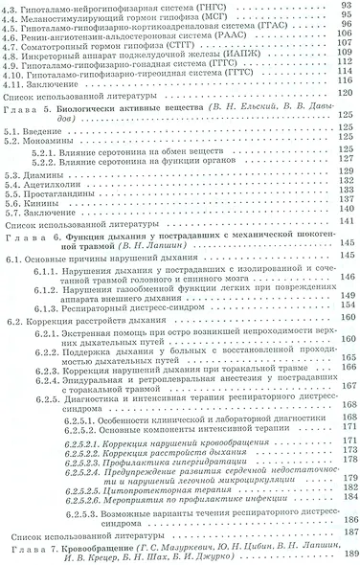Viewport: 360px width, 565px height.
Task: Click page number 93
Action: pyautogui.click(x=347, y=7)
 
